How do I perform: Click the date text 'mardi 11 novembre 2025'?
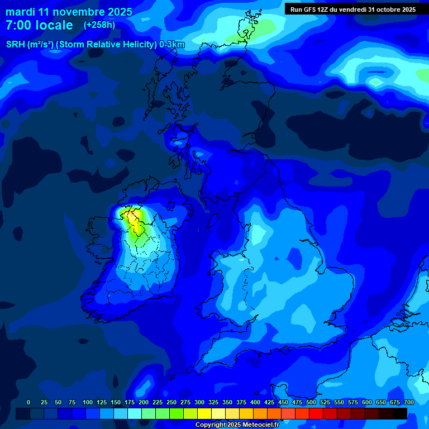point(69,12)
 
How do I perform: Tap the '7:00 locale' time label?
point(39,25)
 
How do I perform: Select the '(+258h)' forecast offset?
point(99,25)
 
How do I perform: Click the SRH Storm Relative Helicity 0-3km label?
point(96,45)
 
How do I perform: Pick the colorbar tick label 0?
point(28,402)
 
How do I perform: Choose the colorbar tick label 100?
point(88,402)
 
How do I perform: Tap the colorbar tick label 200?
point(144,402)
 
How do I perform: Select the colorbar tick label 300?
point(199,402)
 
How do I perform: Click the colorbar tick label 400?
point(255,402)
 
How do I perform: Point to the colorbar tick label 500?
point(311,402)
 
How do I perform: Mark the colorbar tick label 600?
point(367,402)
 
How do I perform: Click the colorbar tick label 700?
point(409,402)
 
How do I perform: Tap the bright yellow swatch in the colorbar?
point(204,413)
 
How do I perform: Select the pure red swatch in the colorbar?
point(316,413)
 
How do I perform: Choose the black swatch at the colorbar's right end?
point(400,413)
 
